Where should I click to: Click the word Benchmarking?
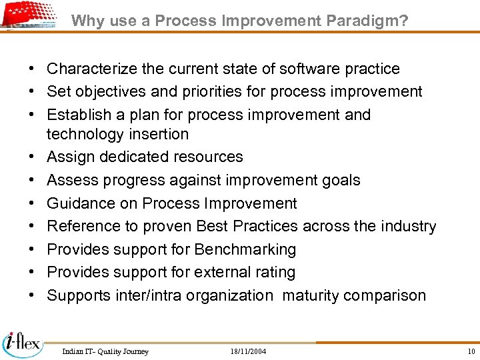(245, 249)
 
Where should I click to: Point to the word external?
(221, 272)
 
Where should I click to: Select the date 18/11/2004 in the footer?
(248, 351)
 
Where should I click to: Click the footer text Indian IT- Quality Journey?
(105, 351)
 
